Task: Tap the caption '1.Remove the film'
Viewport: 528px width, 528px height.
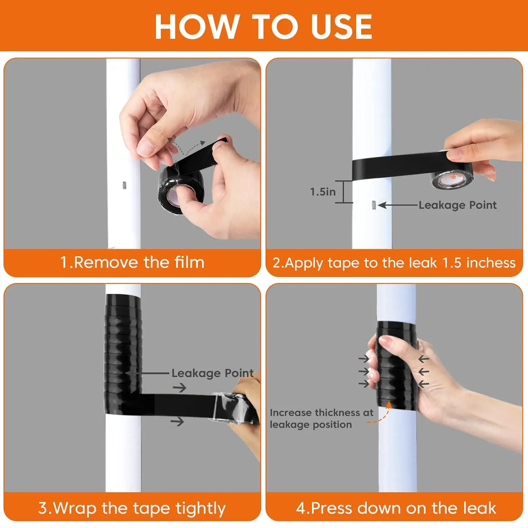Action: tap(132, 263)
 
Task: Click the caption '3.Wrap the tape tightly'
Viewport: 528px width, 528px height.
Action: tap(132, 508)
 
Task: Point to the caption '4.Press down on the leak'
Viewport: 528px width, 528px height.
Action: tap(396, 508)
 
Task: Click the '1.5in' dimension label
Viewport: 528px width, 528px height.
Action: tap(322, 192)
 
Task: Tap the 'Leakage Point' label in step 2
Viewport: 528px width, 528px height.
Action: tap(458, 205)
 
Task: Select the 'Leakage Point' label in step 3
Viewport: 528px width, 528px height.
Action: tap(212, 373)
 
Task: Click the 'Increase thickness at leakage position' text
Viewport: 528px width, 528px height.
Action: tap(321, 419)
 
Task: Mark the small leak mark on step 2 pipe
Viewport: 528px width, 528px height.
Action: tap(374, 205)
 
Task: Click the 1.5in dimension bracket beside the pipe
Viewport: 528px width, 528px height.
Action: tap(344, 192)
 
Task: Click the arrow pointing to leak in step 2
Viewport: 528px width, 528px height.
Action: tap(398, 205)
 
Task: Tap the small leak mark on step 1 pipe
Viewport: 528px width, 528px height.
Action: tap(124, 185)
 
